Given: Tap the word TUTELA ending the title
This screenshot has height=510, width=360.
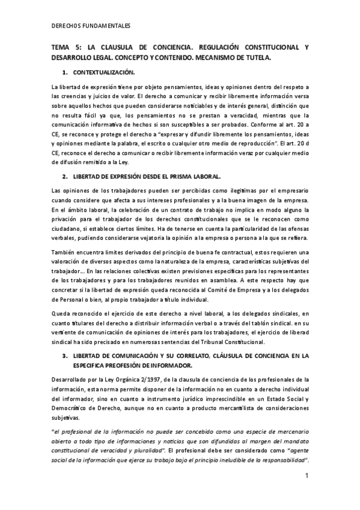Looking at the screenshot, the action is point(257,58).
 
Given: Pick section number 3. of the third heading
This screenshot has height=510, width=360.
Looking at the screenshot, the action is point(66,356).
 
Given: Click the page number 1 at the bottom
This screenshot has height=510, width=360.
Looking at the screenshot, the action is point(307,476).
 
